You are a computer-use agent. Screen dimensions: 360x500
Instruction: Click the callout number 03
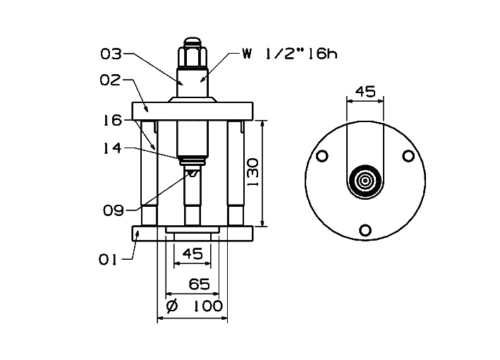pyautogui.click(x=111, y=54)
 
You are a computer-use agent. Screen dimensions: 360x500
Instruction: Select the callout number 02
pyautogui.click(x=111, y=80)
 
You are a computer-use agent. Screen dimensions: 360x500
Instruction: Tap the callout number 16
pyautogui.click(x=111, y=121)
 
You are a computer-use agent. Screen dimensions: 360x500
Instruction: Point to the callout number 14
pyautogui.click(x=111, y=148)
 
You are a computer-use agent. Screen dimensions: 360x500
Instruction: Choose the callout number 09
pyautogui.click(x=113, y=210)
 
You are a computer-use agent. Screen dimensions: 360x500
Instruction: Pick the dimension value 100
pyautogui.click(x=206, y=306)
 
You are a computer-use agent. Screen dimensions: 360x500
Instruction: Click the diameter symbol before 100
pyautogui.click(x=170, y=306)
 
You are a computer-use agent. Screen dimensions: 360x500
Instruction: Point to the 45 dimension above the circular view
pyautogui.click(x=364, y=91)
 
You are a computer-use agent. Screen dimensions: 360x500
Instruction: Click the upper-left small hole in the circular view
pyautogui.click(x=322, y=156)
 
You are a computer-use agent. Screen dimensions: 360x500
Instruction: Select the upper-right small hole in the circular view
pyautogui.click(x=407, y=156)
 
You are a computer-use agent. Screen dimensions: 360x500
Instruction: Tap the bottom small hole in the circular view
pyautogui.click(x=365, y=229)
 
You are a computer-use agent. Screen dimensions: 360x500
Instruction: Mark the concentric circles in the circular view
pyautogui.click(x=365, y=180)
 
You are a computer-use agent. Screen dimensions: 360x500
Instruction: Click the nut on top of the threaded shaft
pyautogui.click(x=192, y=52)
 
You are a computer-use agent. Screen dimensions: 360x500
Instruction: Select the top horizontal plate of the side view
pyautogui.click(x=192, y=112)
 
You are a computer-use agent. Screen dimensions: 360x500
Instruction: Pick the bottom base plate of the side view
pyautogui.click(x=192, y=234)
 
